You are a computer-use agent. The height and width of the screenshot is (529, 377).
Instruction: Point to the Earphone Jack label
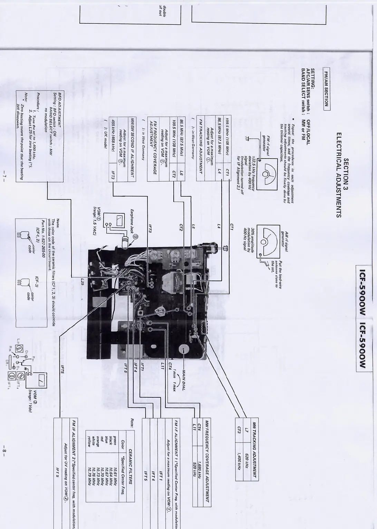(x=133, y=220)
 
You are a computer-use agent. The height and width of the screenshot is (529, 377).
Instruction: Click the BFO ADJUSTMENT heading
(x=59, y=111)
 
